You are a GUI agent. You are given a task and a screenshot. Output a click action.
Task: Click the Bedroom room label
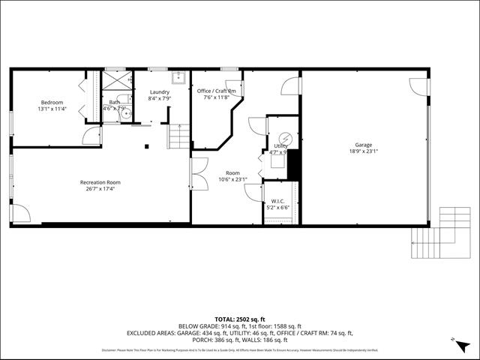[52, 102]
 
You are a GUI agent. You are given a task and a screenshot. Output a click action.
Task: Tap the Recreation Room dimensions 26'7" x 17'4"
[100, 188]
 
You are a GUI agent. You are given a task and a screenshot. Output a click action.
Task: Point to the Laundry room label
[159, 91]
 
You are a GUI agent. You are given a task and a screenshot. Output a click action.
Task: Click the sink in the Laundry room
[178, 76]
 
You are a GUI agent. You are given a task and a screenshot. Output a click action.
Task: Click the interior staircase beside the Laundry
[178, 136]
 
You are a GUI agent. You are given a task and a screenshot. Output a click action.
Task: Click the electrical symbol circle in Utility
[284, 136]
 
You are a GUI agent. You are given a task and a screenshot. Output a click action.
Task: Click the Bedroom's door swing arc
[91, 136]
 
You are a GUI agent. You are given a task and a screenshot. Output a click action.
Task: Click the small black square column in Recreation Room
[147, 145]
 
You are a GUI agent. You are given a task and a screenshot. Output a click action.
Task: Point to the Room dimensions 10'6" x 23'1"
[232, 179]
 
